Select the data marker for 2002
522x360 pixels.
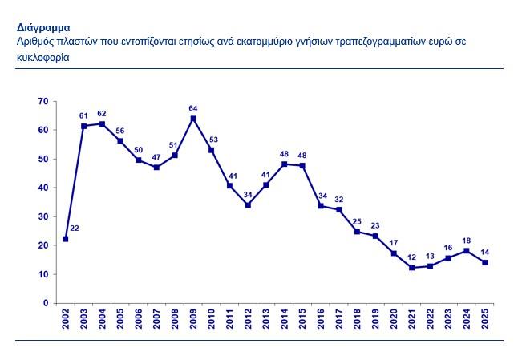pos(65,239)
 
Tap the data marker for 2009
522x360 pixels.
pos(193,119)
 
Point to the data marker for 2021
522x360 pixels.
pos(412,268)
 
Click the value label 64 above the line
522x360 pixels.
pos(193,108)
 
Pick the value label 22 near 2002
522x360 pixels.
pos(75,229)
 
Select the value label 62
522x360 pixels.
pos(102,114)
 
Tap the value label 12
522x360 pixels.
pos(412,257)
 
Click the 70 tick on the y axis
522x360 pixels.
pos(43,101)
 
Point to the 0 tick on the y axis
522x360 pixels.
pos(46,303)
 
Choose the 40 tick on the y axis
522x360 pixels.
pos(43,188)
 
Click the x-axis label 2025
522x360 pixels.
pos(485,322)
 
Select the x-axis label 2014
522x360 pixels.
pos(285,322)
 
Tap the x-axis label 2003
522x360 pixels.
pos(83,322)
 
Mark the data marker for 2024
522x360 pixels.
pos(467,251)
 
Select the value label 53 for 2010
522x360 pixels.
pos(212,140)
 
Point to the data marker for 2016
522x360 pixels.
pos(321,205)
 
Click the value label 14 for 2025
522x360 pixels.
pos(485,252)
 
